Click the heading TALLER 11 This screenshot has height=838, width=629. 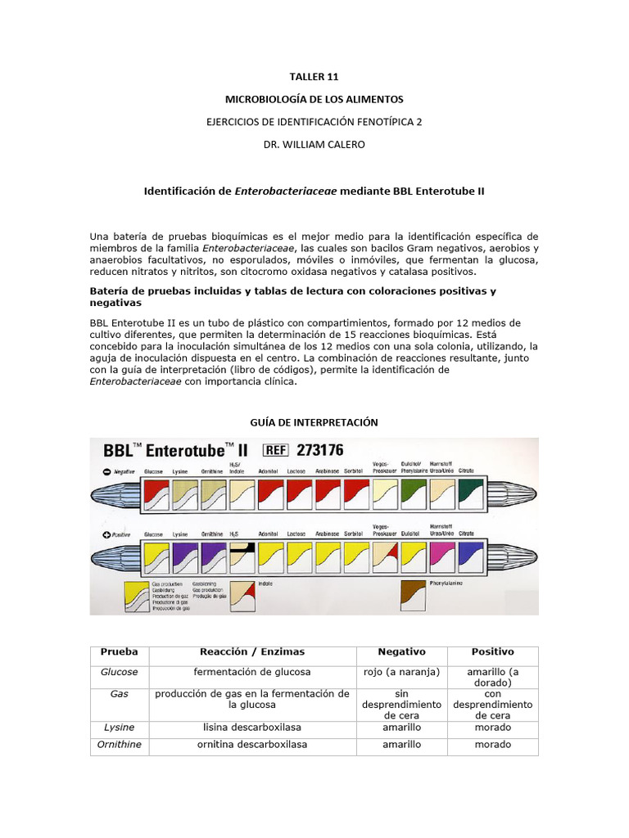(314, 77)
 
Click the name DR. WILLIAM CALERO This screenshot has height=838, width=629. (314, 145)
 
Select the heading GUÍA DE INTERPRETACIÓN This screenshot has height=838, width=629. (314, 421)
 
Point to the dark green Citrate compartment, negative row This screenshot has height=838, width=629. (469, 493)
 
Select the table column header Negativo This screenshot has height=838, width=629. (401, 652)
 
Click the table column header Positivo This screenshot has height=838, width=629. (492, 652)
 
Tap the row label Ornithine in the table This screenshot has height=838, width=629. (120, 745)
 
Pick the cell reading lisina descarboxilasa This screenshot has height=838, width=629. (252, 727)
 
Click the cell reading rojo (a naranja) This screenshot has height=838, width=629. (401, 672)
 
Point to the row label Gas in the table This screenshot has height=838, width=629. (120, 693)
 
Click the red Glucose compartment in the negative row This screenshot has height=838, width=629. (155, 493)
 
